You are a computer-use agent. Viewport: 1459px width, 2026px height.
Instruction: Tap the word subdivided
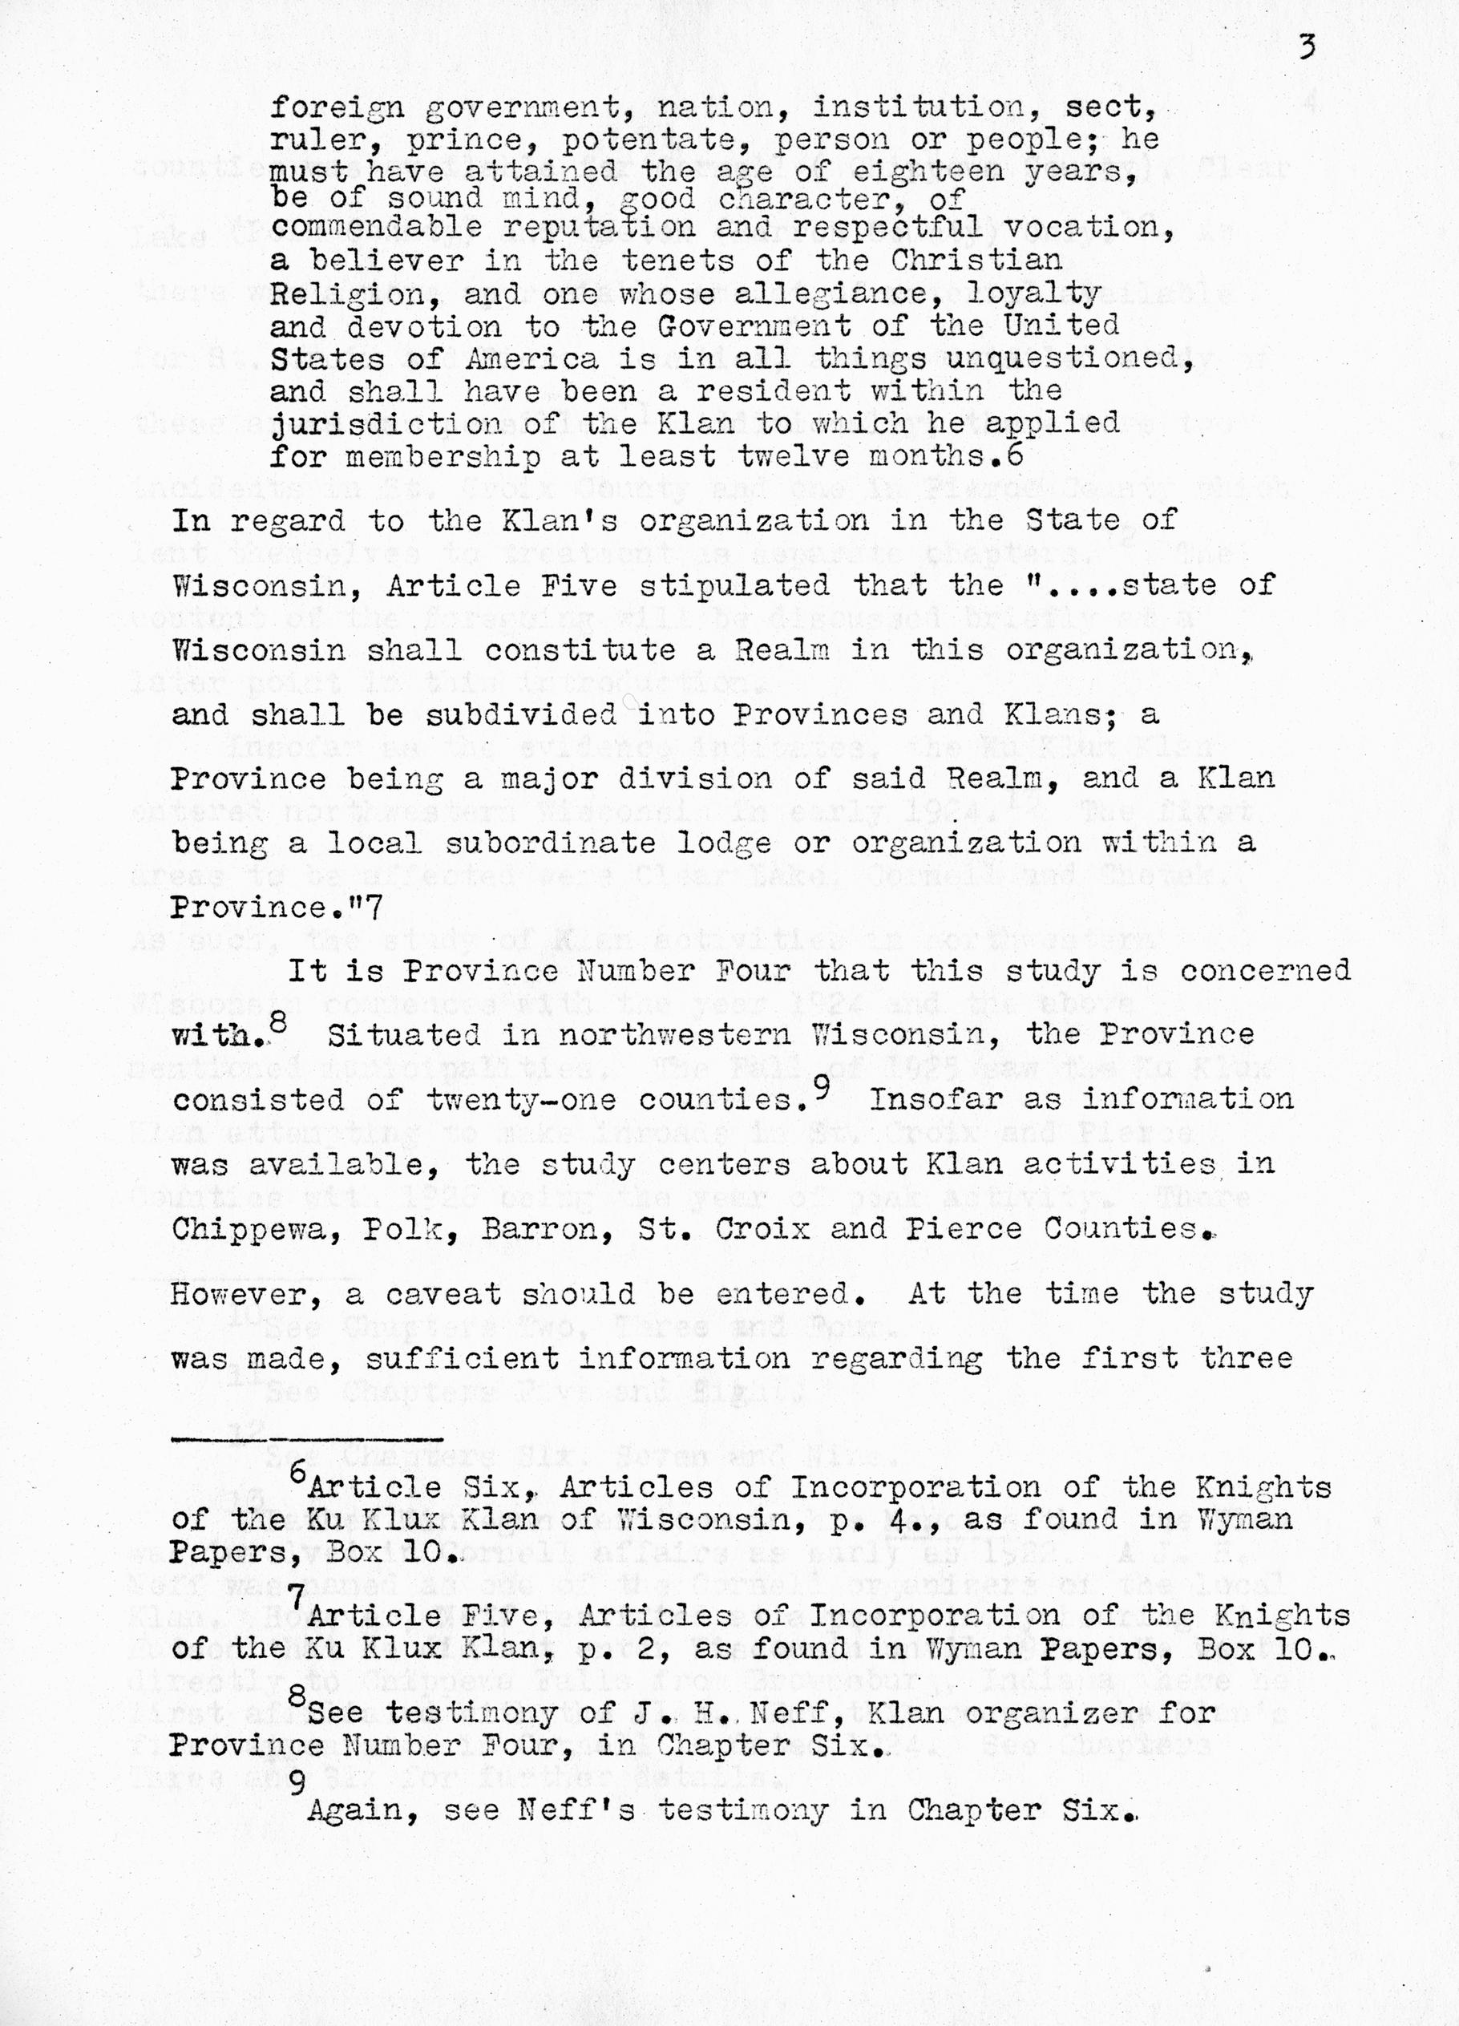point(521,714)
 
